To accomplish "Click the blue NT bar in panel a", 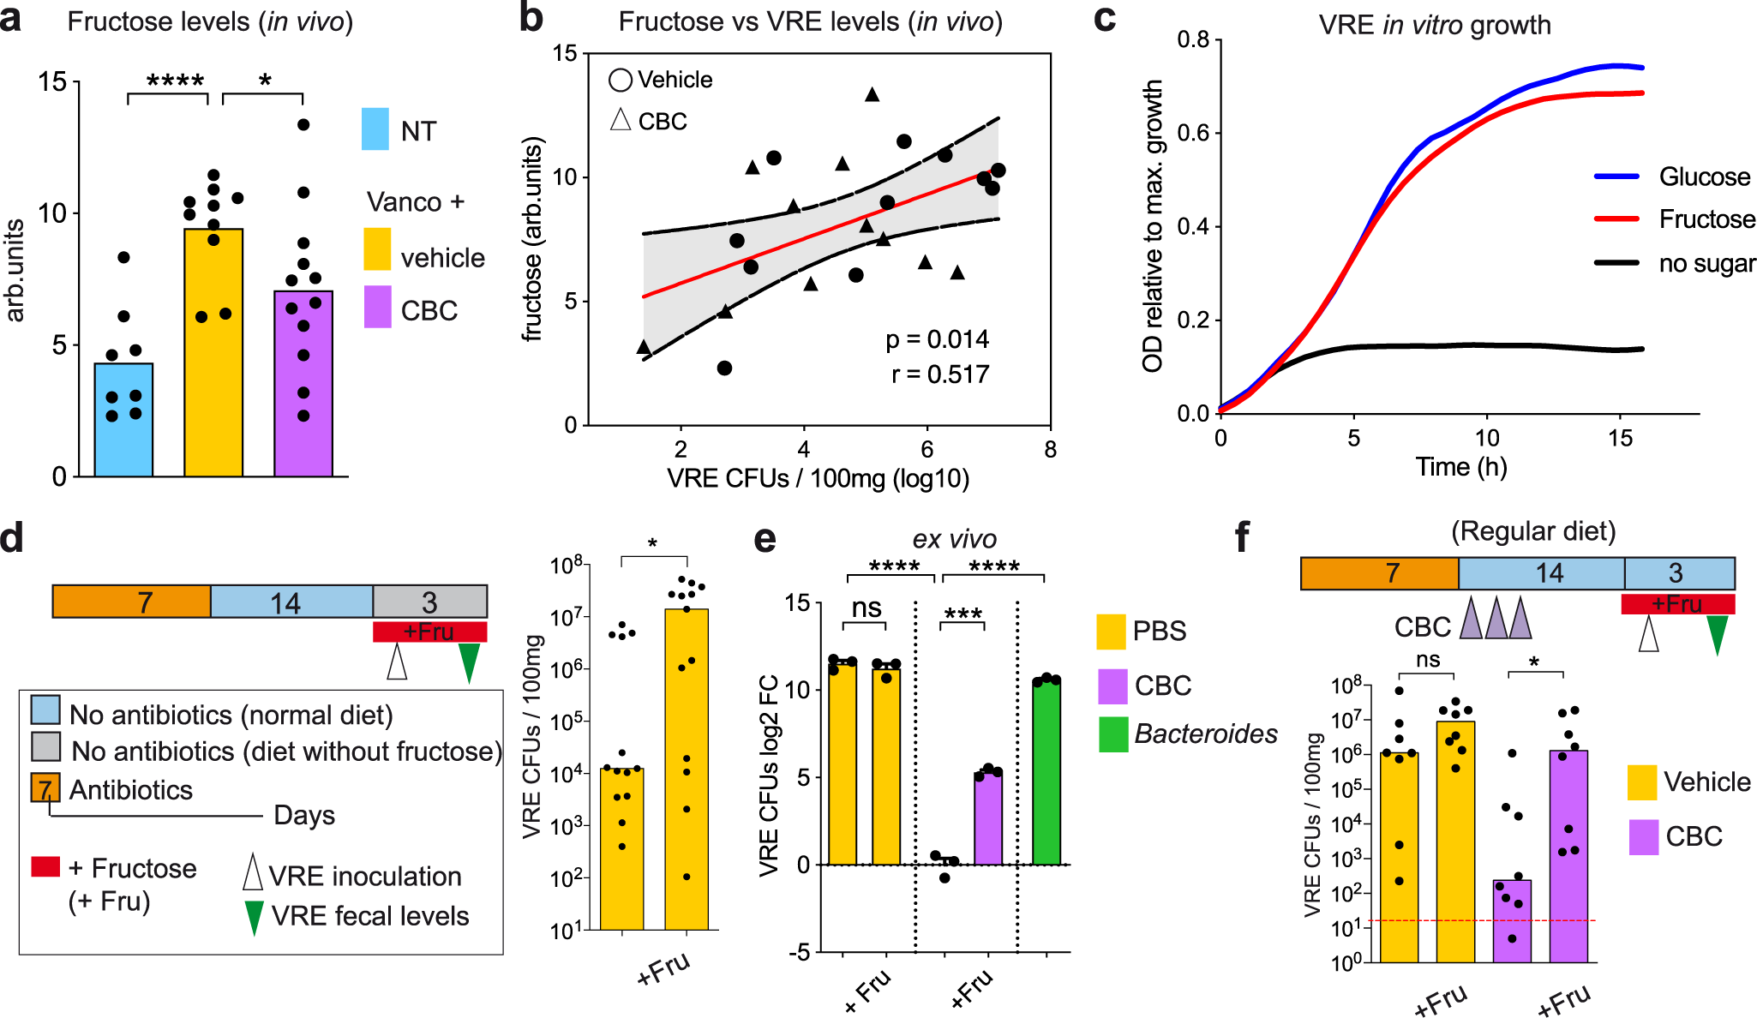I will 123,420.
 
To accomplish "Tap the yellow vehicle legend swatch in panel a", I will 377,249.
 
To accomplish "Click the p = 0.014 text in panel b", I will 937,340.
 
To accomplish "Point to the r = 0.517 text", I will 940,374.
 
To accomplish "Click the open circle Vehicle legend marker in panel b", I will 621,81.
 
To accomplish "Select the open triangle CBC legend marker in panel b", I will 621,120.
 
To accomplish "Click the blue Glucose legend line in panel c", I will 1616,177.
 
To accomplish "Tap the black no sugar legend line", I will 1616,262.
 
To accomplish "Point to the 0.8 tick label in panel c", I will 1192,40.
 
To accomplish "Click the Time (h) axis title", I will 1460,467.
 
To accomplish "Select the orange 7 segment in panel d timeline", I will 131,602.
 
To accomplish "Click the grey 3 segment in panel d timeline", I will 429,602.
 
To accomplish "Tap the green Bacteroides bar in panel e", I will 1046,772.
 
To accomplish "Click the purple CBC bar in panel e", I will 988,818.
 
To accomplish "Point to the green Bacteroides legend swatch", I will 1112,734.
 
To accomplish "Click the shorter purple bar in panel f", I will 1512,920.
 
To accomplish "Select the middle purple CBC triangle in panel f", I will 1496,619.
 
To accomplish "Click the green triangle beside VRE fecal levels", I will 254,917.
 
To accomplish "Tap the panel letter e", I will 765,539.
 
